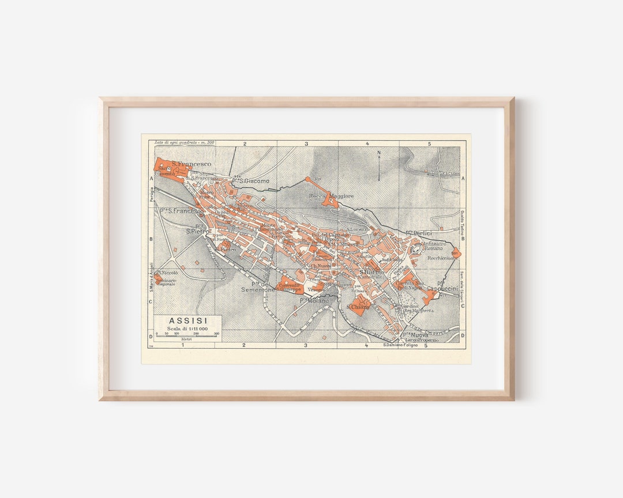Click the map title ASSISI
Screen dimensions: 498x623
tap(188, 321)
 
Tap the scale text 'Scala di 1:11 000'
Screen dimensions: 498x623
tap(187, 329)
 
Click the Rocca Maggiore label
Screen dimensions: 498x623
tap(331, 197)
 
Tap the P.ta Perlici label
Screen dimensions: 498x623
tap(419, 233)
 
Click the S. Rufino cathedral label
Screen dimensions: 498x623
tap(371, 272)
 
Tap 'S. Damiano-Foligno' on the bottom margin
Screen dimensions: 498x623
tap(403, 346)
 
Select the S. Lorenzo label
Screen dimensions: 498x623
tap(358, 229)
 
